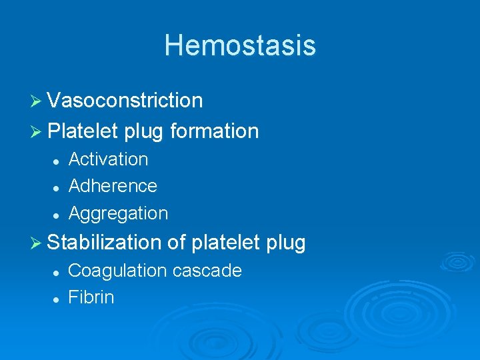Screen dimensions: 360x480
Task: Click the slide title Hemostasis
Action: click(x=240, y=45)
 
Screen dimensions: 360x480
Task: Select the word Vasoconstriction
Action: click(x=125, y=100)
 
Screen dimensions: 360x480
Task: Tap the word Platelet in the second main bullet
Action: click(x=83, y=131)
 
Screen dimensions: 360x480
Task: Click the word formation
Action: click(x=214, y=131)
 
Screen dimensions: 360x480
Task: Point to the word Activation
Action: click(x=108, y=159)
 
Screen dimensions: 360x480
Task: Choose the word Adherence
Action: click(x=113, y=185)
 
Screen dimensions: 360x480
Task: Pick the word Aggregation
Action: click(x=118, y=213)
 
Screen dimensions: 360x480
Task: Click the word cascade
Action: click(x=207, y=271)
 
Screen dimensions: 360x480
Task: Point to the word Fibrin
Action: click(x=91, y=297)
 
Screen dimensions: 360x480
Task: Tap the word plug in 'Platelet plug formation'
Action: click(x=143, y=132)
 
